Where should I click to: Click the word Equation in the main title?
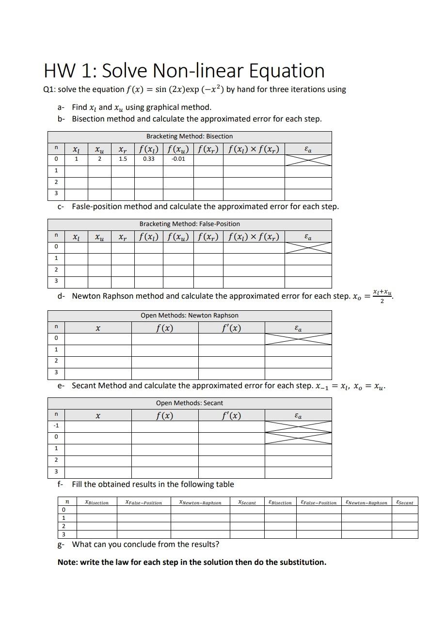pos(287,71)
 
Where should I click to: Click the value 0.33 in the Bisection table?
pos(149,159)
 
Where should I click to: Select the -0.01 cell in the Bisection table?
pos(178,159)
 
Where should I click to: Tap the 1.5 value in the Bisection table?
pos(123,159)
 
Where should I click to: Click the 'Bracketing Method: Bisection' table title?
pos(190,137)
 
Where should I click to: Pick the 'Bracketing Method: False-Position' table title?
pos(190,224)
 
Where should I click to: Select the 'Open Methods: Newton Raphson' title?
pos(190,316)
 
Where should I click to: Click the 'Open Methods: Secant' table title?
pos(190,403)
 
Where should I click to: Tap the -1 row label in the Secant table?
pos(56,426)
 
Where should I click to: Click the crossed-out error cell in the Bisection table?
pos(308,160)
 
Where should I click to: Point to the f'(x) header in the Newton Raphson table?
pos(231,328)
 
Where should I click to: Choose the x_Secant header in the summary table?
pos(247,503)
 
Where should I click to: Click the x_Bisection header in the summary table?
pos(96,503)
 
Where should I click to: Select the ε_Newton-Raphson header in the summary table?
pos(366,503)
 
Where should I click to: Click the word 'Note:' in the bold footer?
pos(67,562)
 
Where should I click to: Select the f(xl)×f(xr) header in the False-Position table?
pos(254,237)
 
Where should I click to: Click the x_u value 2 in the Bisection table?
pos(99,159)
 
